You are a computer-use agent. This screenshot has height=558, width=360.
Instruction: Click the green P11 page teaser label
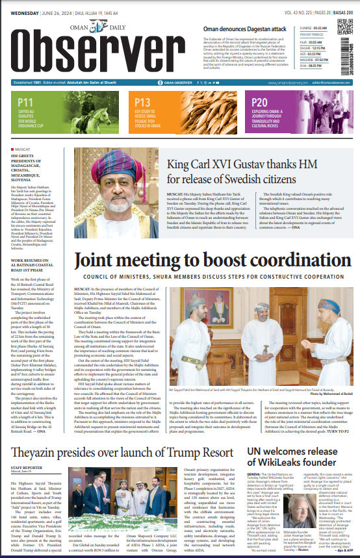26,103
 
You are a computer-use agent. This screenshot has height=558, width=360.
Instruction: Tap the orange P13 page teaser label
142,103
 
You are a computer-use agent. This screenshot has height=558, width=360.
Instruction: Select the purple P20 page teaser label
259,103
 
